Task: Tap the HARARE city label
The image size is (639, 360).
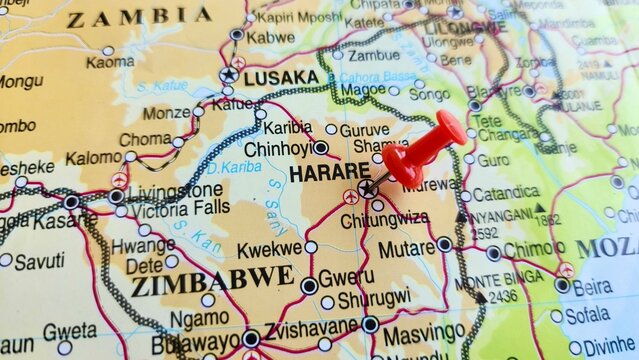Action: (x=329, y=174)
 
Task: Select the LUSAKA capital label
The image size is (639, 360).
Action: (x=281, y=77)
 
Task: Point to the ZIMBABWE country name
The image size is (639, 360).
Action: (x=212, y=279)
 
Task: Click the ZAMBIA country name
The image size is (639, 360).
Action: (x=139, y=17)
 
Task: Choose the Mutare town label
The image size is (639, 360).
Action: (x=405, y=248)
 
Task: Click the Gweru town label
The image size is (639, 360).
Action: (x=346, y=277)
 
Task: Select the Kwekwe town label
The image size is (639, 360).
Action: (x=269, y=248)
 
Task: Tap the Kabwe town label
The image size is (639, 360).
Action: (x=270, y=38)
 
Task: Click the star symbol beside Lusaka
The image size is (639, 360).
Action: (x=229, y=75)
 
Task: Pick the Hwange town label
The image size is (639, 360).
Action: (x=143, y=246)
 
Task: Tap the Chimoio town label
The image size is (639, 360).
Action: (x=533, y=250)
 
